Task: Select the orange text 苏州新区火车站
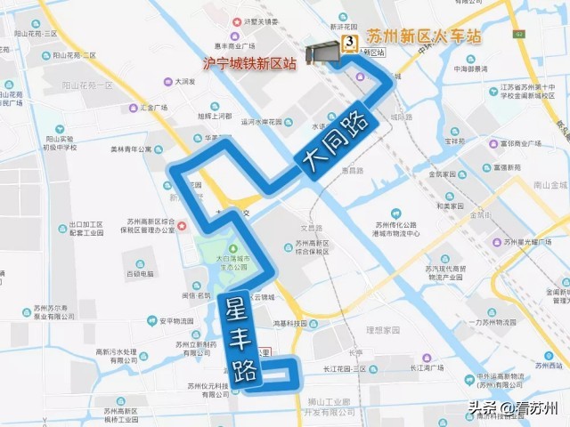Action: point(424,37)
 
